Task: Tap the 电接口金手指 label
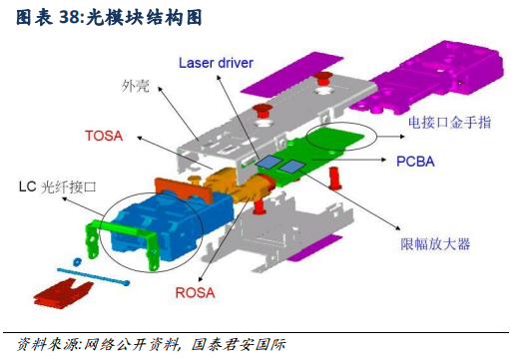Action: click(445, 123)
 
